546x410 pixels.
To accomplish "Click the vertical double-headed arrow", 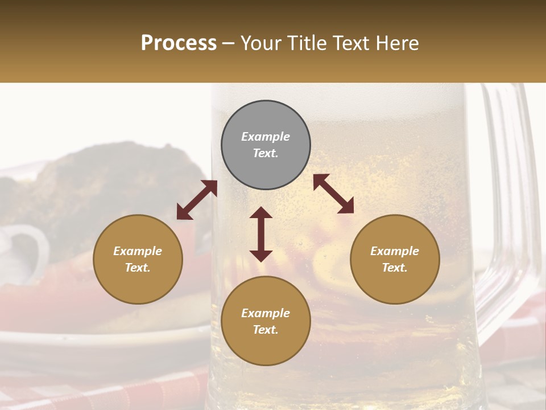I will (x=261, y=234).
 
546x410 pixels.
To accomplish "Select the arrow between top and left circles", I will (x=197, y=200).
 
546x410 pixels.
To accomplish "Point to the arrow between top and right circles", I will (x=333, y=194).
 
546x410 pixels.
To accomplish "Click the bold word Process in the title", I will (x=179, y=43).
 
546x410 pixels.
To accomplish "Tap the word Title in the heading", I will (x=307, y=43).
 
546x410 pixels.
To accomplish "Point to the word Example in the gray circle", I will (x=266, y=137).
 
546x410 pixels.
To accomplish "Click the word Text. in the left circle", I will (x=138, y=268).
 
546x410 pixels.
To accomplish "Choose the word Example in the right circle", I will (x=395, y=251).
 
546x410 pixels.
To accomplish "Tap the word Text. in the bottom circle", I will (x=266, y=330).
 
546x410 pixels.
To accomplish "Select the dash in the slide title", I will (x=229, y=43).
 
